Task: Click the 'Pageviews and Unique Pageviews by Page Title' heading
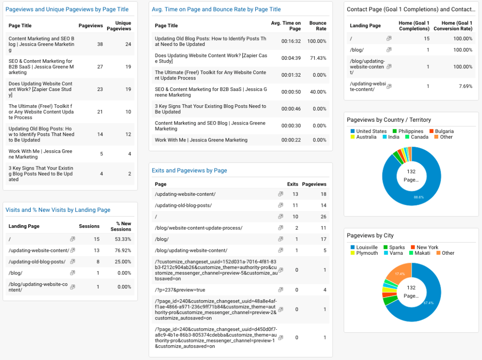pos(67,9)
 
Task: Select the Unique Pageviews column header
pos(123,26)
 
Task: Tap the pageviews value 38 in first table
pos(100,44)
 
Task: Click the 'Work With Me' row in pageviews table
pos(41,154)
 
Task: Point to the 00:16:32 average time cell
pos(291,41)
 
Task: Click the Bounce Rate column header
pos(318,26)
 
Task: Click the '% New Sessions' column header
pos(121,226)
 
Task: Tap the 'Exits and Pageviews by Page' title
pos(189,170)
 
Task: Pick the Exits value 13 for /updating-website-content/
pos(295,194)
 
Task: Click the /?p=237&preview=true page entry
pos(180,290)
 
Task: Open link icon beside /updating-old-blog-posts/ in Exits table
pos(280,205)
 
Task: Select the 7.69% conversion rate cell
pos(465,86)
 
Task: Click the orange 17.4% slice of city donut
pos(398,275)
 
